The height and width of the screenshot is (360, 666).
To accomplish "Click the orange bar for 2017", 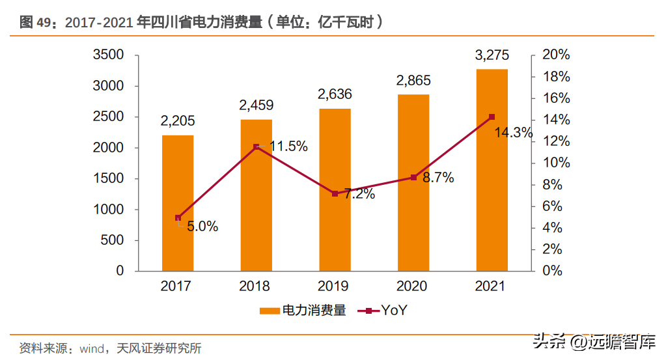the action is pyautogui.click(x=178, y=203).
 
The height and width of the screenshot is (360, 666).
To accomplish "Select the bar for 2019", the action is pyautogui.click(x=335, y=189).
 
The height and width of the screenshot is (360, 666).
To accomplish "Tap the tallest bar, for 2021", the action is pyautogui.click(x=492, y=170).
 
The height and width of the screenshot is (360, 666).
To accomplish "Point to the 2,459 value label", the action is pyautogui.click(x=256, y=105).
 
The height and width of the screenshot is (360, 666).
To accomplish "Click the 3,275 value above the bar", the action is pyautogui.click(x=492, y=55).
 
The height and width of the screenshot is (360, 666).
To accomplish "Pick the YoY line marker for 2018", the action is pyautogui.click(x=256, y=147).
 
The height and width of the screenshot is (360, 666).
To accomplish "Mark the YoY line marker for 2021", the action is pyautogui.click(x=492, y=117).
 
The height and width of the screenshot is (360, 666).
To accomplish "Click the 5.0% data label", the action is pyautogui.click(x=202, y=227).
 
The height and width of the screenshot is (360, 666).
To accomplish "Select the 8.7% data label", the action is pyautogui.click(x=438, y=178).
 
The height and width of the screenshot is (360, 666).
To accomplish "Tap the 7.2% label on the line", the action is pyautogui.click(x=360, y=193).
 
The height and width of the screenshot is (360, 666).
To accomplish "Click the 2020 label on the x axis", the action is pyautogui.click(x=411, y=286).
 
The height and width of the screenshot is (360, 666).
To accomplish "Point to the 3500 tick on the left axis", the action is pyautogui.click(x=108, y=54).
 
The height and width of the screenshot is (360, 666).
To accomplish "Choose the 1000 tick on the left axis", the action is pyautogui.click(x=108, y=209).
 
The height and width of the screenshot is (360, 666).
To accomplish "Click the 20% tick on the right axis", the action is pyautogui.click(x=556, y=54).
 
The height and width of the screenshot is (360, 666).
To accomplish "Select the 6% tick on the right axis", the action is pyautogui.click(x=552, y=206).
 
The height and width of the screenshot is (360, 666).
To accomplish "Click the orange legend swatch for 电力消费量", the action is pyautogui.click(x=270, y=311).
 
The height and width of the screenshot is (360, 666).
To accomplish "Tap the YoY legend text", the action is pyautogui.click(x=394, y=311).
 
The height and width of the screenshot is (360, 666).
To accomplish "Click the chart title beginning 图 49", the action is pyautogui.click(x=201, y=21).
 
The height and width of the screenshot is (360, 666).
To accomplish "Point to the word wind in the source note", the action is pyautogui.click(x=92, y=349).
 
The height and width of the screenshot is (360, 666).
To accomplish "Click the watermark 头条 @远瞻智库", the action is pyautogui.click(x=594, y=341).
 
